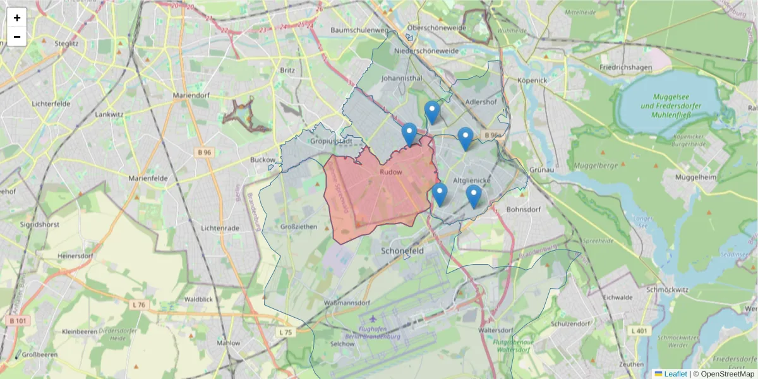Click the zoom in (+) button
click(17, 18)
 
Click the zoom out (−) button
click(17, 37)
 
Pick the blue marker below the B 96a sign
click(466, 138)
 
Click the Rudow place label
click(392, 171)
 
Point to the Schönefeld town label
click(402, 250)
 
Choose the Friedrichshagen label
click(625, 66)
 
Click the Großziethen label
click(298, 226)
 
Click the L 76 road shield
click(139, 305)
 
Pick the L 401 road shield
click(639, 330)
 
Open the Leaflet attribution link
click(675, 374)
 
